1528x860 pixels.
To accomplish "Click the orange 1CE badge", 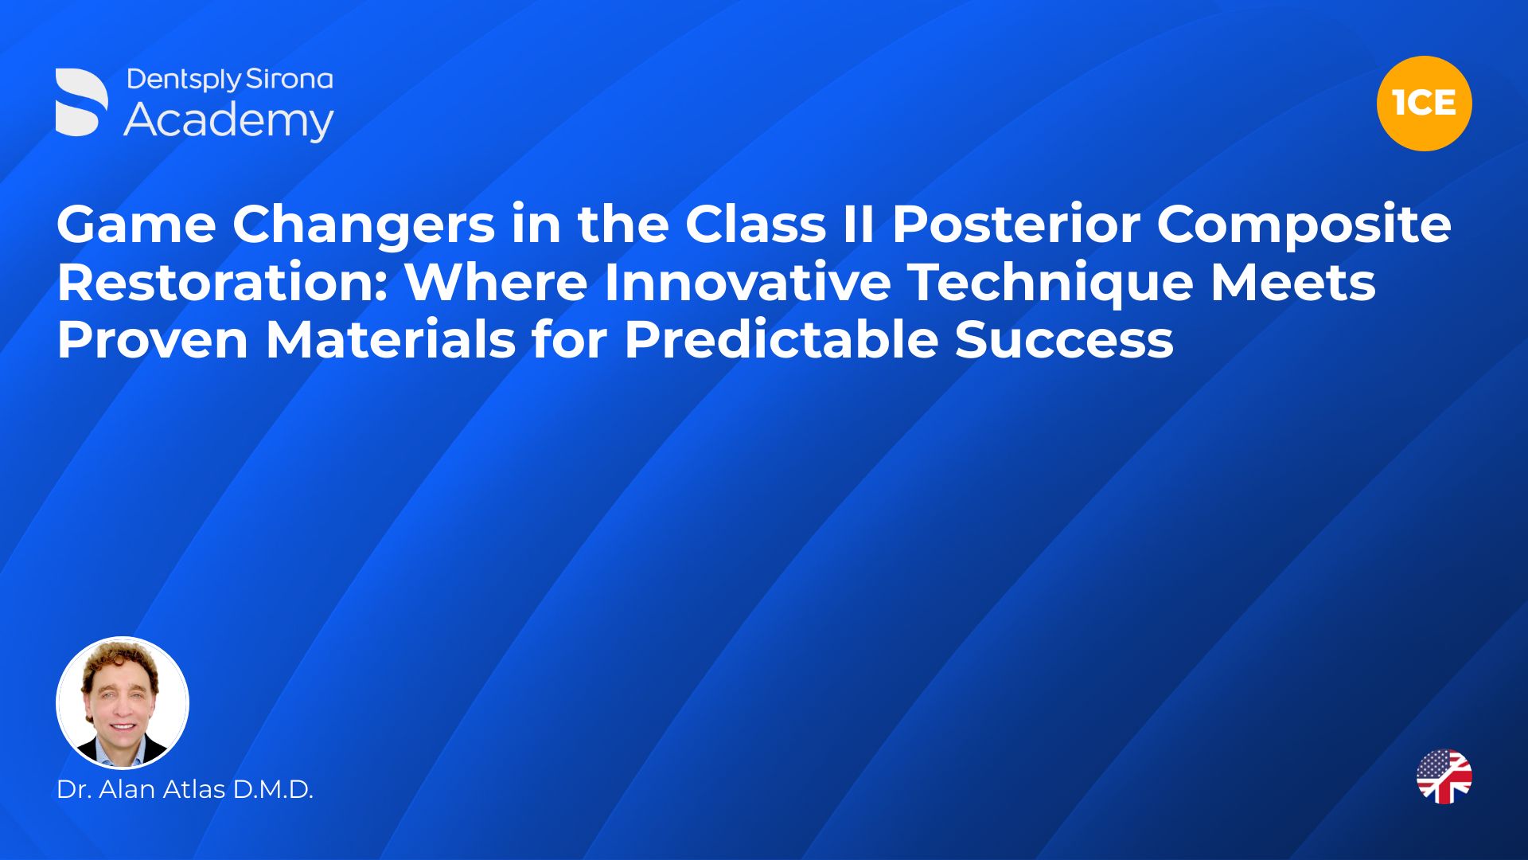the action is click(1424, 104).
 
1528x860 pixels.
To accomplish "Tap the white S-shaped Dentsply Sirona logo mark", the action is click(81, 102).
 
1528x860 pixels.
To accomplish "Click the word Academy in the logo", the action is click(229, 121).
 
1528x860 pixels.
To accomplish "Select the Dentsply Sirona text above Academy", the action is click(230, 80).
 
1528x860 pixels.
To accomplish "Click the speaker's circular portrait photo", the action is click(123, 702).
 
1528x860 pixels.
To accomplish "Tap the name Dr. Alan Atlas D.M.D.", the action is click(185, 789).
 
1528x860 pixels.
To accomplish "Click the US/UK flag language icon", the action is click(1444, 776).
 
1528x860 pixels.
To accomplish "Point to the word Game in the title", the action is click(136, 225).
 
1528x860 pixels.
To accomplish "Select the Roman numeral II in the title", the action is click(859, 225).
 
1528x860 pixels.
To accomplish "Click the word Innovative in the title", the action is click(747, 282).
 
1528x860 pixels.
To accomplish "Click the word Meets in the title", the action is click(1293, 282).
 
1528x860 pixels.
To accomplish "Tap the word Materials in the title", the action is click(391, 339).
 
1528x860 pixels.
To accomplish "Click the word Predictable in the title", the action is click(781, 339).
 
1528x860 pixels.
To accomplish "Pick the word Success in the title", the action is click(1064, 339).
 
